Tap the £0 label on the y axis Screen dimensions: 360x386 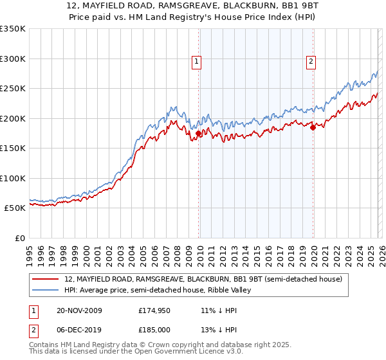19,238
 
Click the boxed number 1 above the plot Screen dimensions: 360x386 197,62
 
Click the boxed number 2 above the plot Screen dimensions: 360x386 311,62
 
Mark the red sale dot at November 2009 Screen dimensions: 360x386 198,134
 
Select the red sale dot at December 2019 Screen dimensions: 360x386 313,127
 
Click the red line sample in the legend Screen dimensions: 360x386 46,278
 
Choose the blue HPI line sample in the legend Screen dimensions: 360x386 46,290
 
